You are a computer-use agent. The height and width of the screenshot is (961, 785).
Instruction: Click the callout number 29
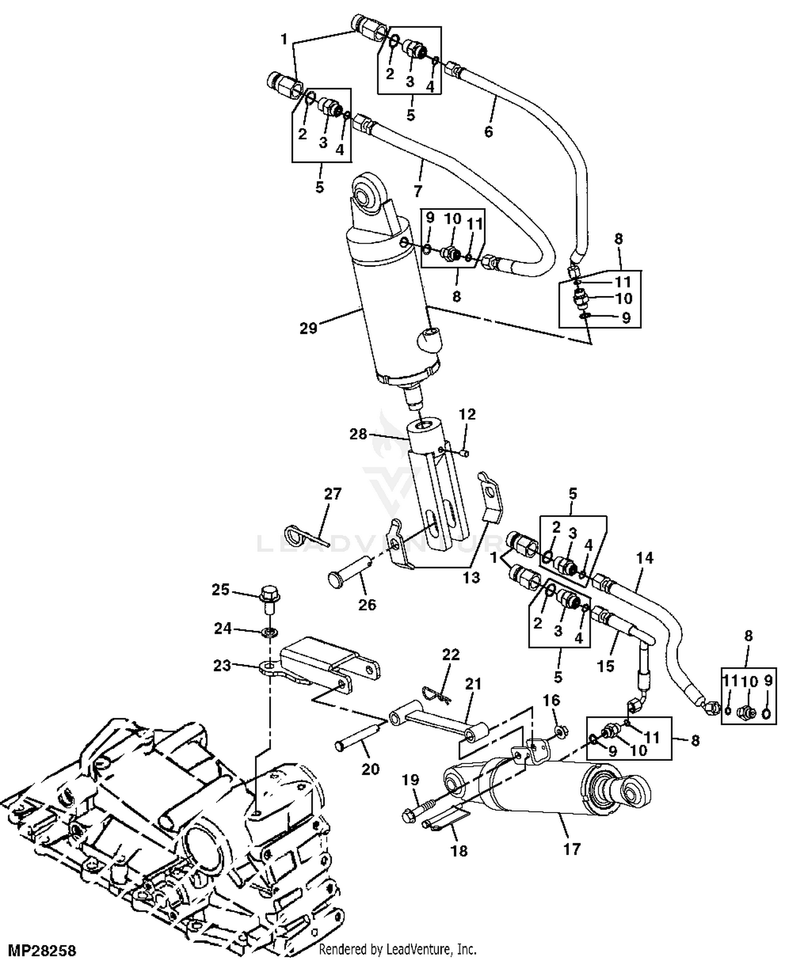pyautogui.click(x=309, y=328)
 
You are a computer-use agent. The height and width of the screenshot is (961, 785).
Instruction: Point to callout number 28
pyautogui.click(x=358, y=434)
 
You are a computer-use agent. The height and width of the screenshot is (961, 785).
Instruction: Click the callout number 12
pyautogui.click(x=467, y=415)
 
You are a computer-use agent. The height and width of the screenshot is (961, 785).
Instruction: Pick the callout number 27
pyautogui.click(x=333, y=494)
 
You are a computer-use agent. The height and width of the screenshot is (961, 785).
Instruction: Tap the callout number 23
pyautogui.click(x=222, y=666)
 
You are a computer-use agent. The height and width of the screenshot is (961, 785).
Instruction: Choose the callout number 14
pyautogui.click(x=645, y=558)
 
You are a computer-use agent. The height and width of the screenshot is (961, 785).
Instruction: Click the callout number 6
pyautogui.click(x=488, y=131)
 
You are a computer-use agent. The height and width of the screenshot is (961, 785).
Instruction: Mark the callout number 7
pyautogui.click(x=417, y=191)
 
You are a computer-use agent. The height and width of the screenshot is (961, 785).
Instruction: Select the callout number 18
pyautogui.click(x=459, y=851)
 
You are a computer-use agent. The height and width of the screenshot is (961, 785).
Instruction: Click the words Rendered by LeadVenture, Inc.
pyautogui.click(x=398, y=949)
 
